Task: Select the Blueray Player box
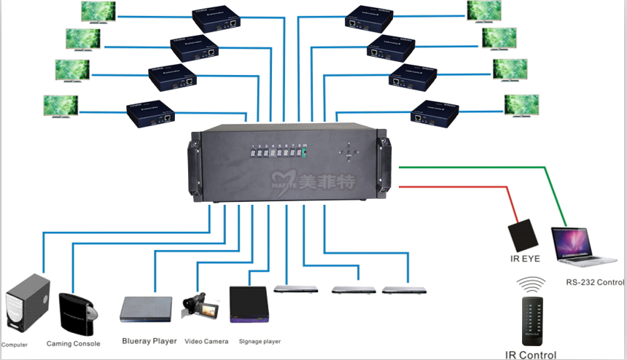point(146,309)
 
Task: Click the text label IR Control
point(531,355)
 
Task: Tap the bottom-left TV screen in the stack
point(61,105)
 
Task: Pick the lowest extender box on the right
point(435,113)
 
